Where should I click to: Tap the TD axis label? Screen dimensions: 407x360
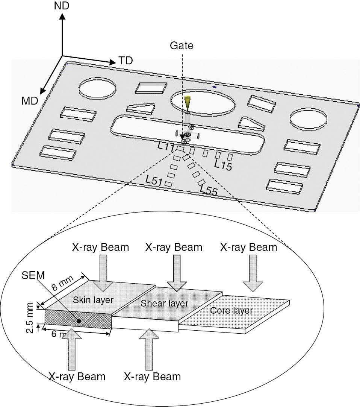point(126,61)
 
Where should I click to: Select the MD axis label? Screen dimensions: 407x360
point(30,101)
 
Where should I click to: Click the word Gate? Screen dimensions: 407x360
point(182,46)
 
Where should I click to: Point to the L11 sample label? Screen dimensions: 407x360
point(165,147)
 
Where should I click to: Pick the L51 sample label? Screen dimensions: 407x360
point(154,181)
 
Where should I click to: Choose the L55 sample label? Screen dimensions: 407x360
point(209,190)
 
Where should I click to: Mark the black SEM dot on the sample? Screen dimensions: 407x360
point(79,320)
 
